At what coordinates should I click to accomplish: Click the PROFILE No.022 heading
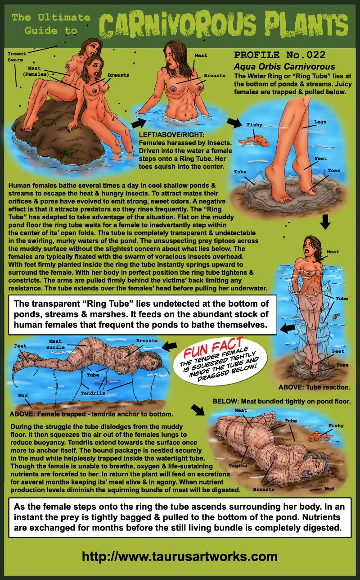click(280, 55)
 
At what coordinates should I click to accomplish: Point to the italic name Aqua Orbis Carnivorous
click(284, 67)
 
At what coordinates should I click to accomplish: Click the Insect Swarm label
click(17, 57)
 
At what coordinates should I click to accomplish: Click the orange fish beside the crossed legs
click(254, 141)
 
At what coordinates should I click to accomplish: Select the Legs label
click(320, 122)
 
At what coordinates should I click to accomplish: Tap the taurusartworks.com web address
click(180, 556)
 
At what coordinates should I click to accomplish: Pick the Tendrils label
click(93, 393)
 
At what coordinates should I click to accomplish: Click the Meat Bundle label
click(55, 344)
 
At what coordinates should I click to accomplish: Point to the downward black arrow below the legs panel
click(325, 222)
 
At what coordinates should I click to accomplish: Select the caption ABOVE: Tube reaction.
click(314, 387)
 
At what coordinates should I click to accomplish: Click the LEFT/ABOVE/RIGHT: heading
click(171, 135)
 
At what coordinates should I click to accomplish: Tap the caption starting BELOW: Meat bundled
click(282, 401)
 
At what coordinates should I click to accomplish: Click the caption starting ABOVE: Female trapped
click(91, 414)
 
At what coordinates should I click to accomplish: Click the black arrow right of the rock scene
click(139, 123)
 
